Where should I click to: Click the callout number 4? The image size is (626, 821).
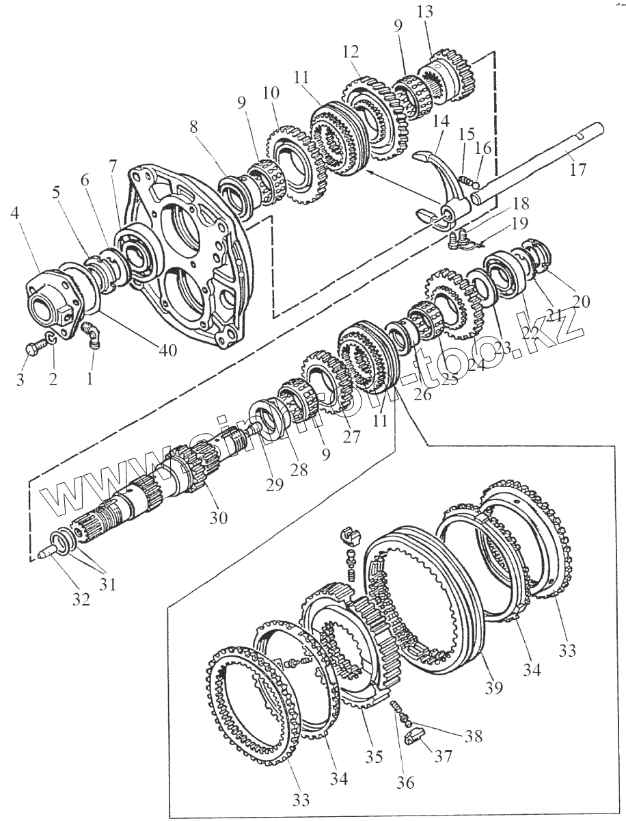(x=16, y=214)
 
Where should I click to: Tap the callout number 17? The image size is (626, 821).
(x=578, y=169)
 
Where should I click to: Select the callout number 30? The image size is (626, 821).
(x=218, y=518)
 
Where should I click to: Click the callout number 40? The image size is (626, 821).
(x=168, y=351)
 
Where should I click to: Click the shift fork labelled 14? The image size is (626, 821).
(x=441, y=185)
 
